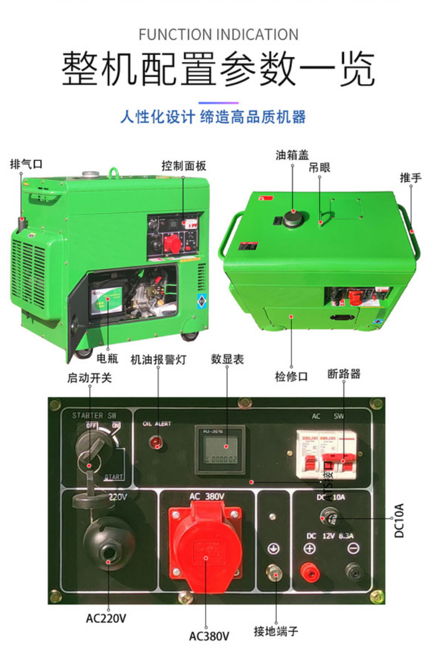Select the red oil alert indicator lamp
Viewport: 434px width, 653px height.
pos(157,443)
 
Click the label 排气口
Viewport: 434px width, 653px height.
pos(26,164)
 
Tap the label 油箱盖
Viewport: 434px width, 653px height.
pos(292,155)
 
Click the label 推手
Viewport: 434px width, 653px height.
pos(410,177)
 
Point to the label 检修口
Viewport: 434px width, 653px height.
pos(291,376)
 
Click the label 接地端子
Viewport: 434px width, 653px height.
pos(275,632)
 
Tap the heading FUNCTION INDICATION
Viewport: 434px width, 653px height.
pos(218,35)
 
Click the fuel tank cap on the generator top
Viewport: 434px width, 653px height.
pos(293,218)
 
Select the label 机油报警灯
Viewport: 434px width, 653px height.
pos(158,359)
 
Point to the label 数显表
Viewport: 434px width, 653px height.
pos(227,359)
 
